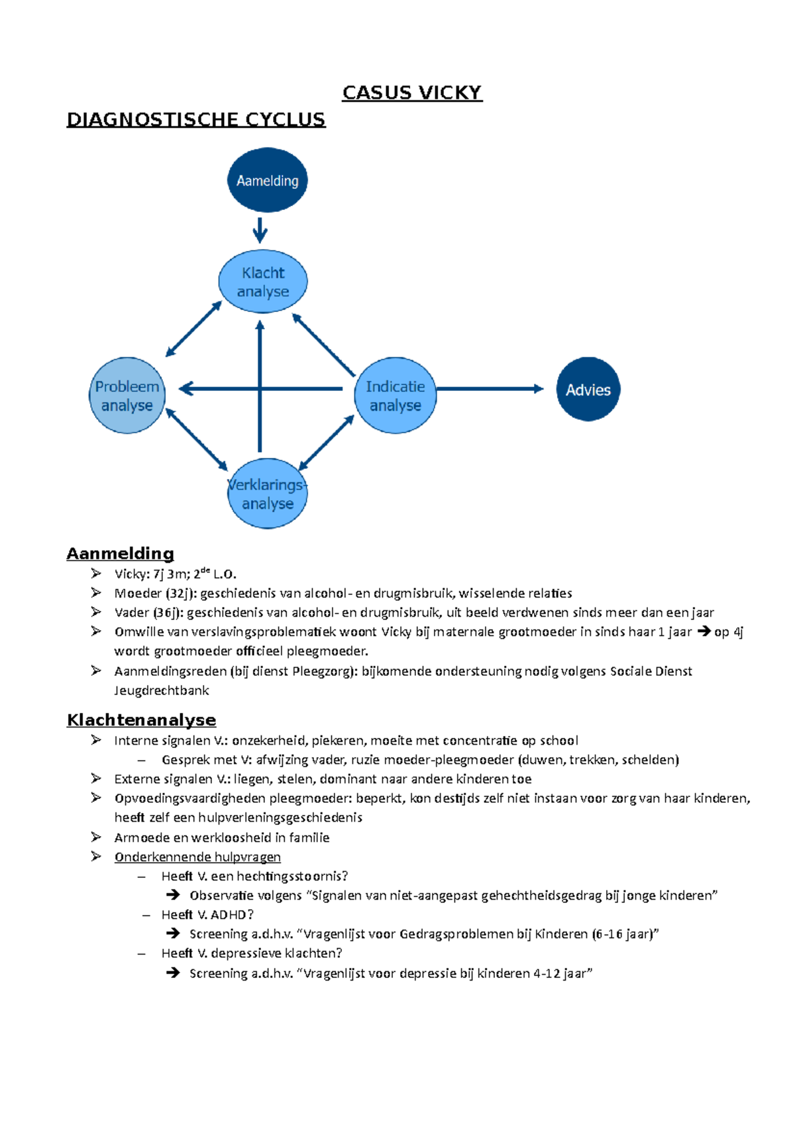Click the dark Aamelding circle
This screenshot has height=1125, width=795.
267,180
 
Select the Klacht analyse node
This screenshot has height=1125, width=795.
263,282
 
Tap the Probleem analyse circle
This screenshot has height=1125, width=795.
127,396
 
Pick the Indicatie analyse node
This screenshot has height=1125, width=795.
395,396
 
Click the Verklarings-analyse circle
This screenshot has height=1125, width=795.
267,494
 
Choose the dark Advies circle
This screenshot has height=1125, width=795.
588,390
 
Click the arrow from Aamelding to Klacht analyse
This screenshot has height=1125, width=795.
260,230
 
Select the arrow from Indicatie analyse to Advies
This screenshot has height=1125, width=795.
490,389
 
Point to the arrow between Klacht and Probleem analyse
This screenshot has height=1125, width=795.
193,329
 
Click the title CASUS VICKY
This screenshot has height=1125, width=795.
412,93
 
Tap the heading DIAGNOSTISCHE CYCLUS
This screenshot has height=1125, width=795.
196,120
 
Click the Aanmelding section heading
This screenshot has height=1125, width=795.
120,553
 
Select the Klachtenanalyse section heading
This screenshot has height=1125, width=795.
141,720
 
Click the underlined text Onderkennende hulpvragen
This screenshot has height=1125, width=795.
197,857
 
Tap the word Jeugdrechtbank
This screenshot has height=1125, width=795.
162,690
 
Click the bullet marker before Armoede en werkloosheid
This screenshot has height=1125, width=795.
96,837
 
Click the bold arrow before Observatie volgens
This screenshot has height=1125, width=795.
173,895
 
